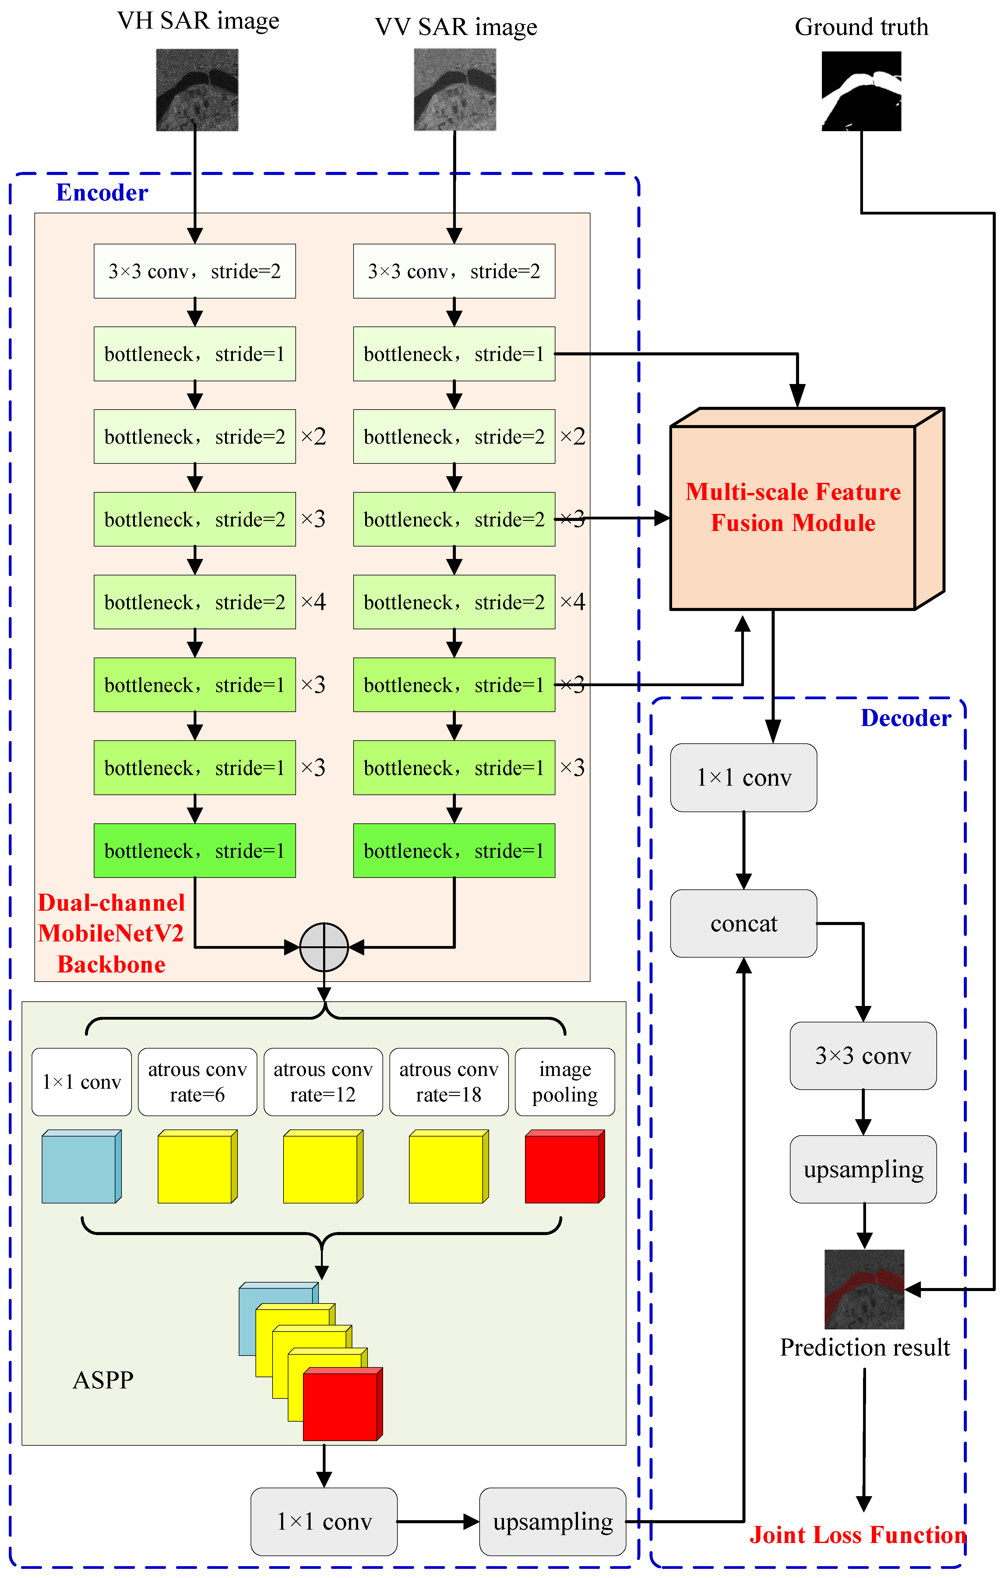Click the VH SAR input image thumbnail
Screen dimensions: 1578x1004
197,90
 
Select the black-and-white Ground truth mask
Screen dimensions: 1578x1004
861,91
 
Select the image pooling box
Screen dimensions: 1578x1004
565,1082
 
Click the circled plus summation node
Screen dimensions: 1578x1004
324,947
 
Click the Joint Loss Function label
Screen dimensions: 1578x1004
857,1535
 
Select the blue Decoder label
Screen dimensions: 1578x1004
905,718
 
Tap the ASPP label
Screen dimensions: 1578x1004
103,1380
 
